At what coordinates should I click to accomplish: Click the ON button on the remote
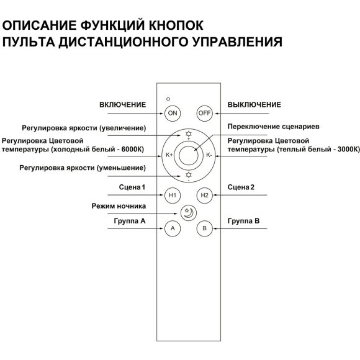tap(173, 113)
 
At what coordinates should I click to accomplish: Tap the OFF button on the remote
tap(204, 113)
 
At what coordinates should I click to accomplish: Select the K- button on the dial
tap(209, 155)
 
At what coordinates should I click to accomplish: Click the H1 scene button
tap(173, 196)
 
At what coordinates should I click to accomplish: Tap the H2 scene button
tap(204, 196)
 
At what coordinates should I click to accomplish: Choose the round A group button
tap(173, 228)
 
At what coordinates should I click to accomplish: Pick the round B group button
tap(204, 228)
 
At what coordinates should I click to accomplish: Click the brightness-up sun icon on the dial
tap(189, 134)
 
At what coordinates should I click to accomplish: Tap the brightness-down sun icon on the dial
tap(189, 176)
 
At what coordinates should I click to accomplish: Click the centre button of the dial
tap(189, 155)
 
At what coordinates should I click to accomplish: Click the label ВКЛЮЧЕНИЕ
tap(123, 105)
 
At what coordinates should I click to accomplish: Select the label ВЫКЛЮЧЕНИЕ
tap(254, 105)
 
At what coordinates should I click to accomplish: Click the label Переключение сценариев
tap(264, 126)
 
